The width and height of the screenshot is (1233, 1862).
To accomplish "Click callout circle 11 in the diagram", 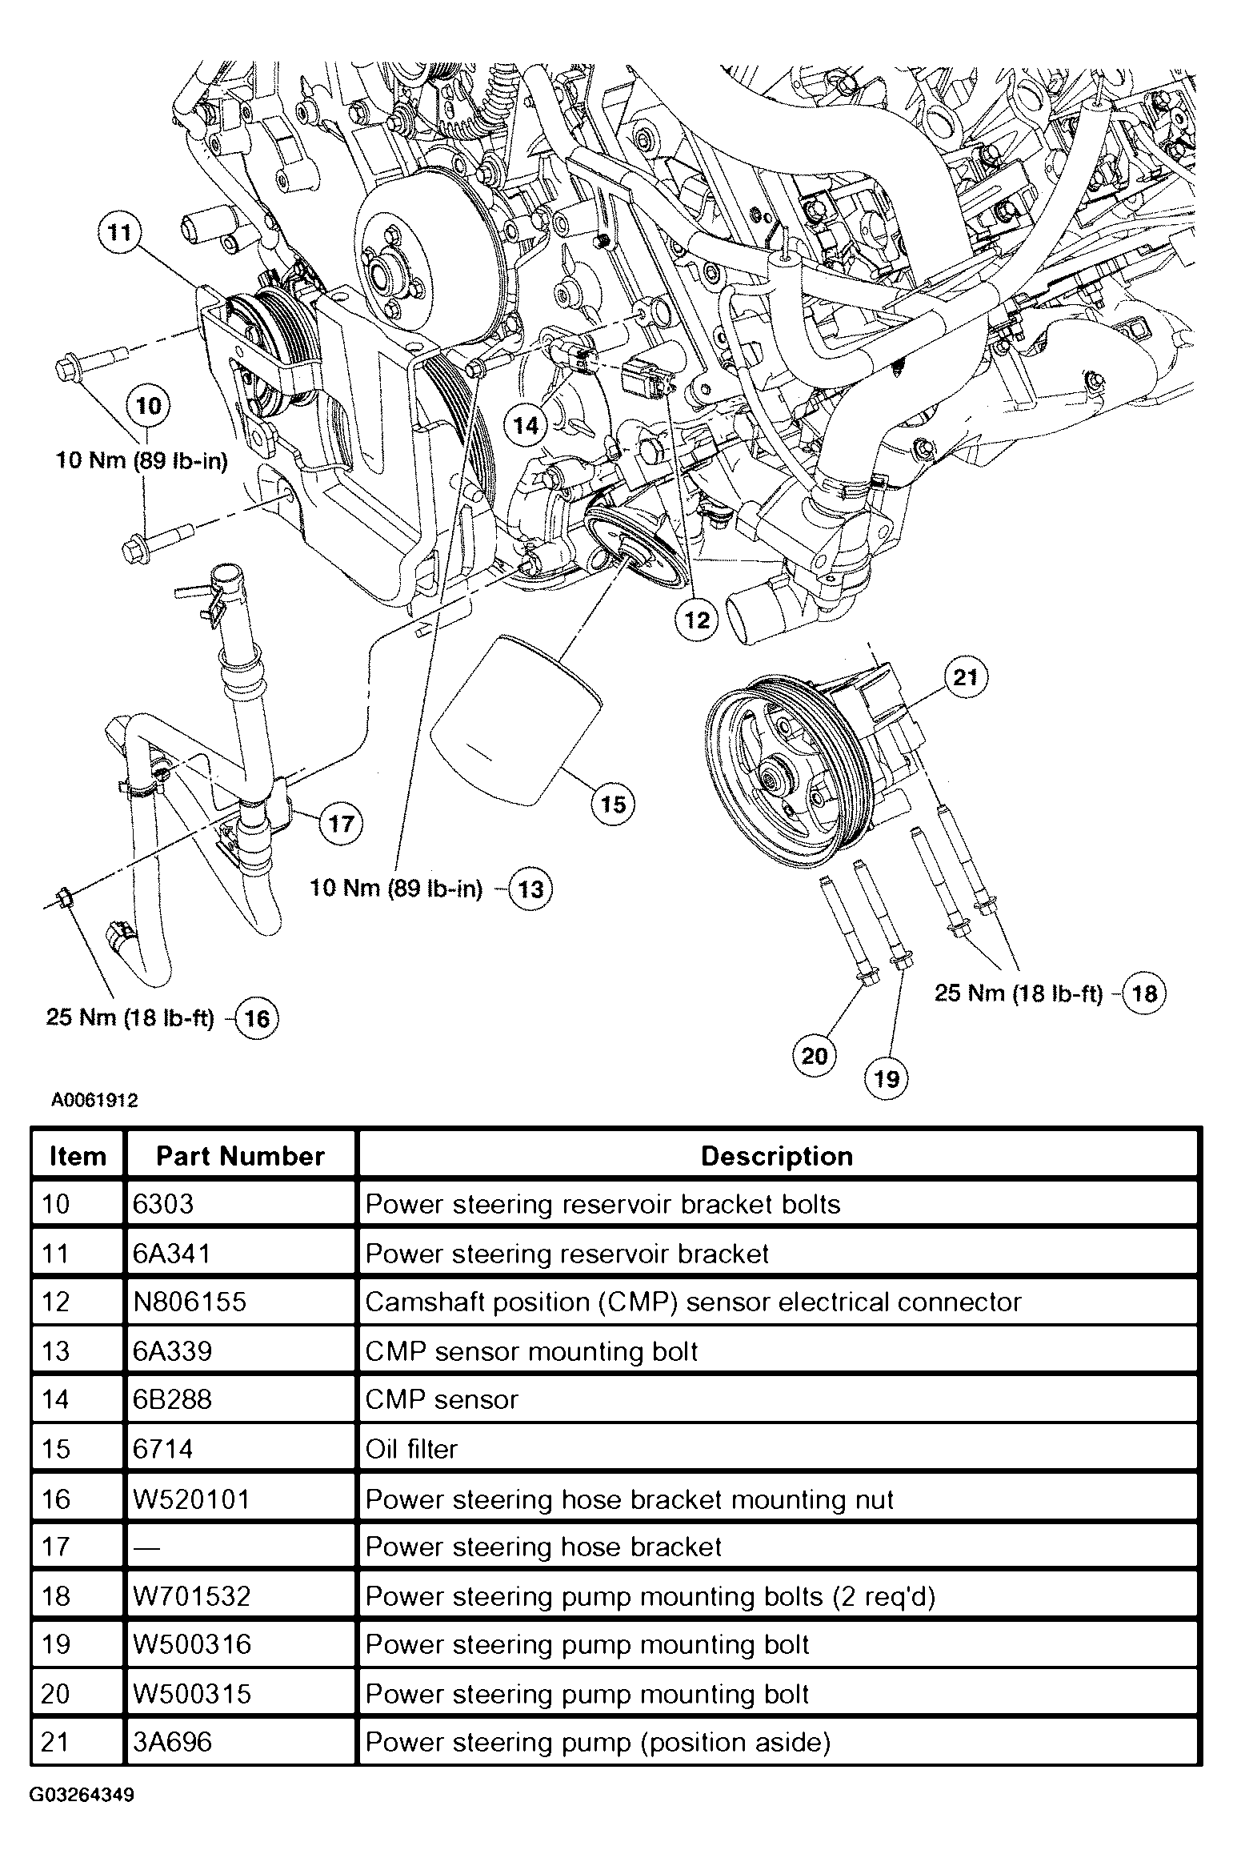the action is (119, 233).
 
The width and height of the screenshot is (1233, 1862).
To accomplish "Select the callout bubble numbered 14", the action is (526, 425).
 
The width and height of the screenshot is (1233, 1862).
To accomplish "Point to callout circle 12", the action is (697, 620).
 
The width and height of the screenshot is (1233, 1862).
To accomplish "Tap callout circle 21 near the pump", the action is (966, 677).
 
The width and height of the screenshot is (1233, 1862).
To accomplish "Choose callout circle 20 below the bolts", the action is (814, 1055).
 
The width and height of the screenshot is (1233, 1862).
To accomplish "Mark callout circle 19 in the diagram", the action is (887, 1078).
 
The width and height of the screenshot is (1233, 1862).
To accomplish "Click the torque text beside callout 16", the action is (130, 1018).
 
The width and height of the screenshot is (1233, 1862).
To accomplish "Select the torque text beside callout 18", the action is (1019, 993).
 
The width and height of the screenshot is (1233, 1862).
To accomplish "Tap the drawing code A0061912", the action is (95, 1100).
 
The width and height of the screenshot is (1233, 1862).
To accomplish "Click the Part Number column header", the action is (240, 1156).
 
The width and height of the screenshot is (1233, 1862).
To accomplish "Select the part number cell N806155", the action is (190, 1302).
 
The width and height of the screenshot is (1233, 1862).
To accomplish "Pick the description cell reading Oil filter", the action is (411, 1450).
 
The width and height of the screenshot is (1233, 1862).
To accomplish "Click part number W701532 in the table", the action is (192, 1596).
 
